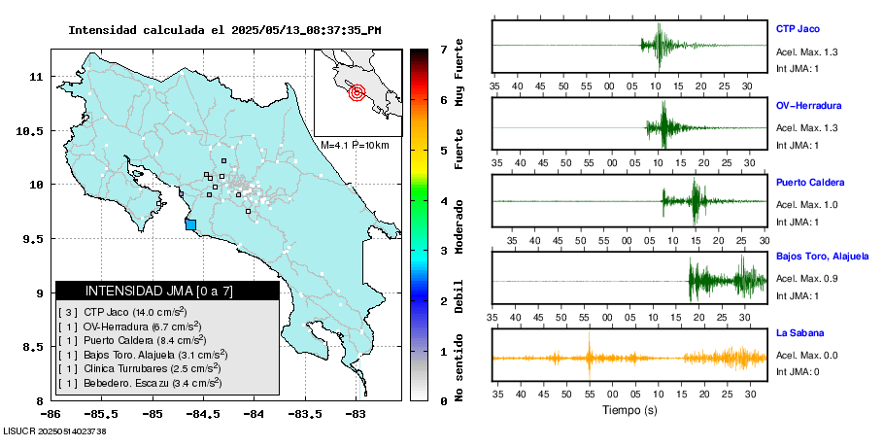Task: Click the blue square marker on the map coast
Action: [190, 224]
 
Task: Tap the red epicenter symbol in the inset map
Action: [357, 92]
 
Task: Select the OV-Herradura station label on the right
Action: [808, 105]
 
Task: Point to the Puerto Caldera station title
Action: [810, 182]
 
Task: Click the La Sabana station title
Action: [799, 332]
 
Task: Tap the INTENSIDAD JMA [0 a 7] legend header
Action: [167, 291]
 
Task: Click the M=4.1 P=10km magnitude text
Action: [355, 146]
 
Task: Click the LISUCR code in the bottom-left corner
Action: [54, 430]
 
